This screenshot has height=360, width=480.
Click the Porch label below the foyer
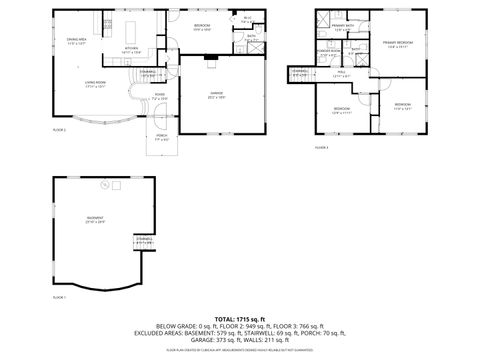pyautogui.click(x=161, y=137)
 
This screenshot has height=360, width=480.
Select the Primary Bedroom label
pyautogui.click(x=397, y=43)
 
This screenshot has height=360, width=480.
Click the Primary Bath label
pyautogui.click(x=342, y=28)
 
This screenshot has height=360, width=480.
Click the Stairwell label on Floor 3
pyautogui.click(x=300, y=72)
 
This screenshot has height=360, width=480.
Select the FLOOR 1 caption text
pyautogui.click(x=59, y=297)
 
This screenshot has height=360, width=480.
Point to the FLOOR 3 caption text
pyautogui.click(x=321, y=147)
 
